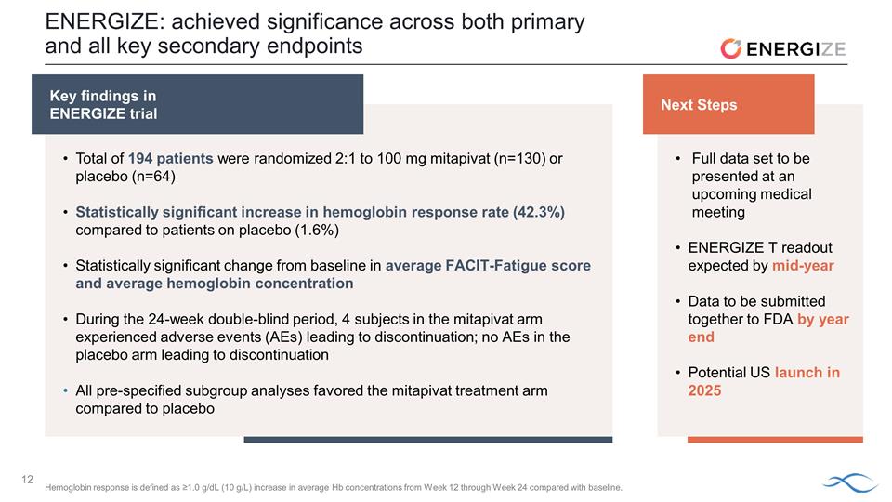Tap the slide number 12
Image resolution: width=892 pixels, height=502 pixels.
point(28,480)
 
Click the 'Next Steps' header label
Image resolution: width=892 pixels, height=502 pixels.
point(699,105)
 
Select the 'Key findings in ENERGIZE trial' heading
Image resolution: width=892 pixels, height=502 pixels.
point(103,105)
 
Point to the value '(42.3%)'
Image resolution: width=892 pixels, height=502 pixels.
point(538,212)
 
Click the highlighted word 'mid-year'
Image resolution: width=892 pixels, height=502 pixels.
point(803,266)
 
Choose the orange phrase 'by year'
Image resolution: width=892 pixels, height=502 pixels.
point(823,319)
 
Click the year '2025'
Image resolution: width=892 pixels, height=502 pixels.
point(704,390)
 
